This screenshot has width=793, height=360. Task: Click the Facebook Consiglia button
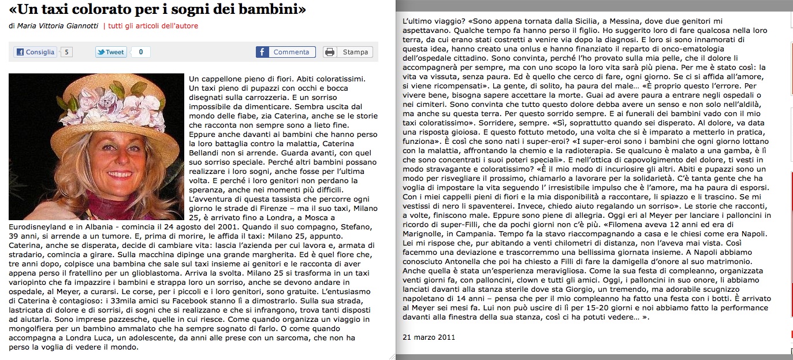[x=35, y=52]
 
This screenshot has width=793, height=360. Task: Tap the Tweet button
[x=111, y=52]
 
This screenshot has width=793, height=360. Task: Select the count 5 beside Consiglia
[x=68, y=52]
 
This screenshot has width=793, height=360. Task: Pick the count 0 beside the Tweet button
[x=140, y=52]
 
